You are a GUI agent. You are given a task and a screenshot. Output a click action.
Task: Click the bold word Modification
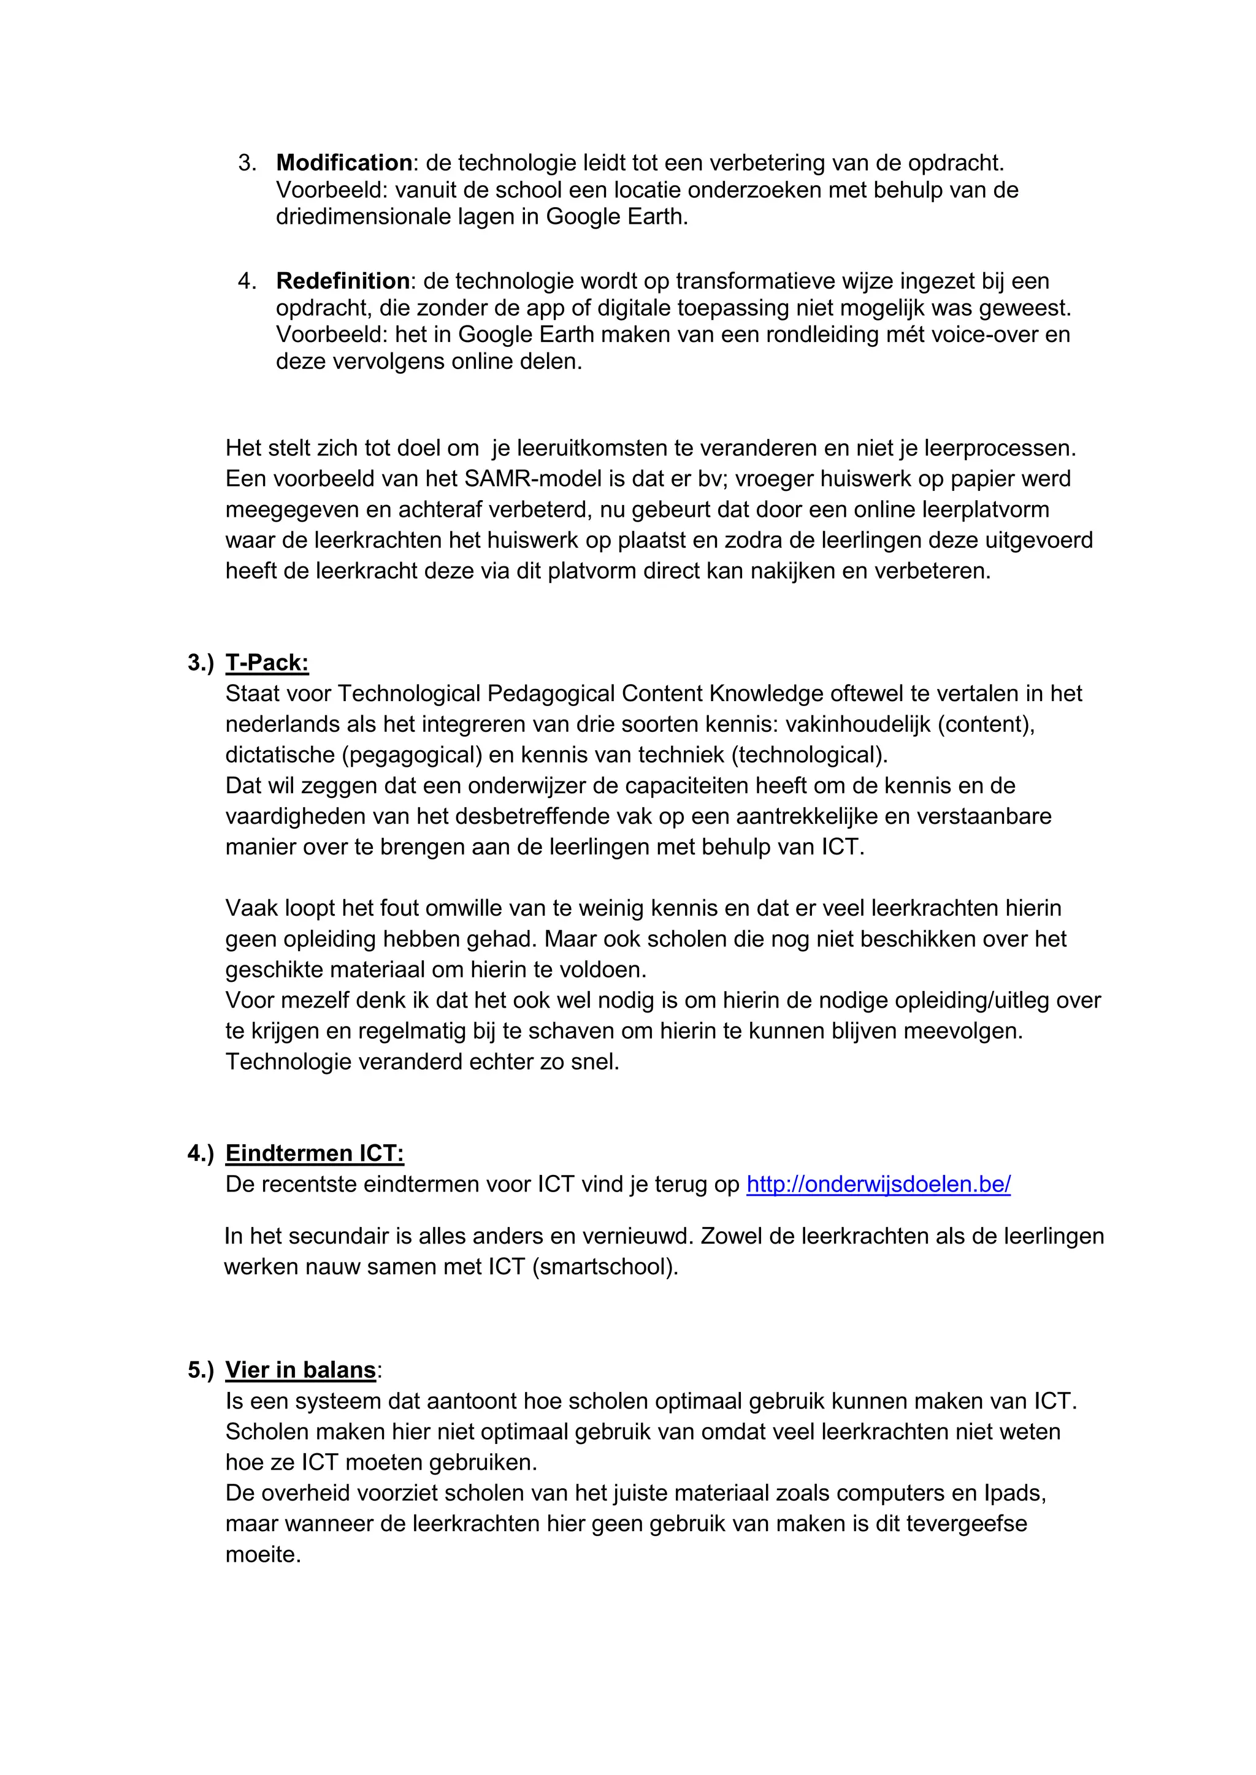point(343,163)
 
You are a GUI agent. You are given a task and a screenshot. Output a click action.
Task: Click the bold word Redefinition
point(343,281)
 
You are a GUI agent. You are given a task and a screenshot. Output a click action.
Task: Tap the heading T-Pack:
point(267,663)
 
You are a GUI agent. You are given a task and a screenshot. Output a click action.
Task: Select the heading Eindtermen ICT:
point(314,1154)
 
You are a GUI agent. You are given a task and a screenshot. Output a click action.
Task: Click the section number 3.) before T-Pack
point(201,663)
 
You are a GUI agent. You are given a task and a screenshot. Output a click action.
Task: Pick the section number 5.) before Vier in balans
point(201,1370)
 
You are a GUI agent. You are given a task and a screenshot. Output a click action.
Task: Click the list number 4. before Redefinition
point(247,281)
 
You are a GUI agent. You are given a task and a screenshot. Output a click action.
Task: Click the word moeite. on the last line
point(263,1554)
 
